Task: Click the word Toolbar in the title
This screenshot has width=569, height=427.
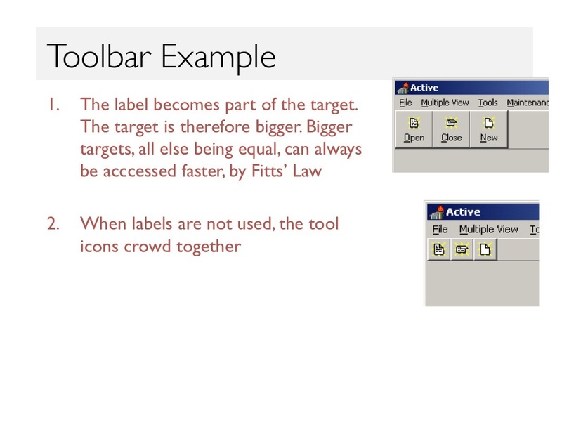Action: [x=99, y=56]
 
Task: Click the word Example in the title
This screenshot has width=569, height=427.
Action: [x=218, y=58]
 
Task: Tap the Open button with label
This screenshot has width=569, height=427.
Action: [x=414, y=129]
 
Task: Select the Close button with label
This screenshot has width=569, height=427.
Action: [x=452, y=129]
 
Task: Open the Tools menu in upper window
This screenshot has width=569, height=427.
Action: [x=488, y=103]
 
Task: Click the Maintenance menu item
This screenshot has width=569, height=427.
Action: [x=528, y=103]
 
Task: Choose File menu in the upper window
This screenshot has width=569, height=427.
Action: [x=405, y=103]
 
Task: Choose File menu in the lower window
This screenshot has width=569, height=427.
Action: [x=440, y=229]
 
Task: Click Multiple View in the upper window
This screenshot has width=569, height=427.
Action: [x=445, y=103]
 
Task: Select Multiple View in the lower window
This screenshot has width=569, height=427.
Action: [x=488, y=230]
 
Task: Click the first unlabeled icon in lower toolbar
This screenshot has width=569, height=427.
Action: [x=439, y=249]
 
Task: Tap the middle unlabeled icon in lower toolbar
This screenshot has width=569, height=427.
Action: [x=462, y=249]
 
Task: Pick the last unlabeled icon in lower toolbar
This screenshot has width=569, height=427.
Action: [x=485, y=249]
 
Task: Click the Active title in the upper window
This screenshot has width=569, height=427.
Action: [x=424, y=88]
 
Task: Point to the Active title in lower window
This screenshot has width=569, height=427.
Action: [x=463, y=212]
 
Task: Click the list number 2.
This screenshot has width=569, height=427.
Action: [x=53, y=224]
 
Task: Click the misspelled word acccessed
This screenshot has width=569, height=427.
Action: [x=140, y=171]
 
